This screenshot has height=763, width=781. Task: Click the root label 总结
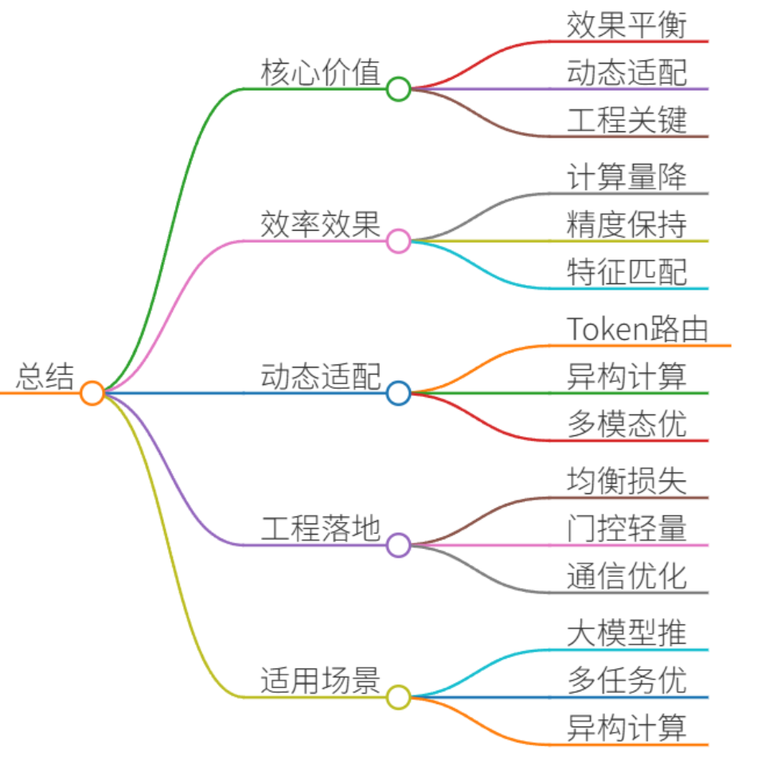(x=45, y=376)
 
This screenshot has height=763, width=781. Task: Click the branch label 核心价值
(x=321, y=72)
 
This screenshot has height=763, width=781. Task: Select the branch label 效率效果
(x=321, y=224)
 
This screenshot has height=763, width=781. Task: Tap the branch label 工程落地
(x=321, y=528)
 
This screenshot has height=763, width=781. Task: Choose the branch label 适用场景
(x=321, y=680)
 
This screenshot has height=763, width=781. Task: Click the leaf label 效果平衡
(x=627, y=25)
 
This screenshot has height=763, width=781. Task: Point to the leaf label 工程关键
(x=627, y=120)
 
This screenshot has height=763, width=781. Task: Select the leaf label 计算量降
(x=627, y=177)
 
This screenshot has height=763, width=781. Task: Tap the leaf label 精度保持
(x=627, y=224)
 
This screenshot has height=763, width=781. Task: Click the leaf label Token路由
(x=638, y=329)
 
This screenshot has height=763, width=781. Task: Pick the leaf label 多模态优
(x=627, y=424)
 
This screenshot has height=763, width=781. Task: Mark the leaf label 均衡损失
(x=627, y=481)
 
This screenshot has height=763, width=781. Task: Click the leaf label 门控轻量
(x=627, y=528)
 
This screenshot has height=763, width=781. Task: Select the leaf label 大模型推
(x=627, y=633)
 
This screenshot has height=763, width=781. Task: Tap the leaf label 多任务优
(x=627, y=680)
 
